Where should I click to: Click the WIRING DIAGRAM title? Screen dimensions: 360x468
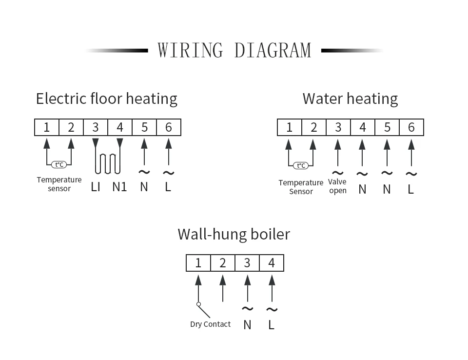tap(234, 50)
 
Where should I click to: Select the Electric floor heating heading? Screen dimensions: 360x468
tap(107, 99)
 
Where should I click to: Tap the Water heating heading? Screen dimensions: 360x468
tap(350, 99)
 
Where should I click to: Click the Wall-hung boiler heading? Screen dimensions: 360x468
tap(234, 234)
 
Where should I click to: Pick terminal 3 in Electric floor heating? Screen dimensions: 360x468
tap(96, 127)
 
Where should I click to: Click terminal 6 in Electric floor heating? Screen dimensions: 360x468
tap(169, 127)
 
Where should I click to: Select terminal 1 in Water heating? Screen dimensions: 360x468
tap(289, 127)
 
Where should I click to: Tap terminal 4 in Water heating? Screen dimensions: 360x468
tap(362, 127)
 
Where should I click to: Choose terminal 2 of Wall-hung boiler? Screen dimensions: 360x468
tap(223, 263)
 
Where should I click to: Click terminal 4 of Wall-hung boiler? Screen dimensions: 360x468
tap(272, 263)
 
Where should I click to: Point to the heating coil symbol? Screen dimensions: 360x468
tap(108, 163)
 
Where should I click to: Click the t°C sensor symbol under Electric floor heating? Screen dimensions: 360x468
tap(59, 165)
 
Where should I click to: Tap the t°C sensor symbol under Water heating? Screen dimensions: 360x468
tap(301, 165)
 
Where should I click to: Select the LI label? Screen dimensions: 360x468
tap(96, 187)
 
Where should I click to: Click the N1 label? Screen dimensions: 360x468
tap(119, 187)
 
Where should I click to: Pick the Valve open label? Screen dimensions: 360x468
tap(337, 186)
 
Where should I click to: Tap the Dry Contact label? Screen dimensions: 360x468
tap(210, 324)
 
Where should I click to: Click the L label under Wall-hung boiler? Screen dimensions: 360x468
tap(272, 324)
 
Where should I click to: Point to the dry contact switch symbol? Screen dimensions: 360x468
tap(203, 310)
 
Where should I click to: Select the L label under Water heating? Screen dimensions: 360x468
tap(411, 189)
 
